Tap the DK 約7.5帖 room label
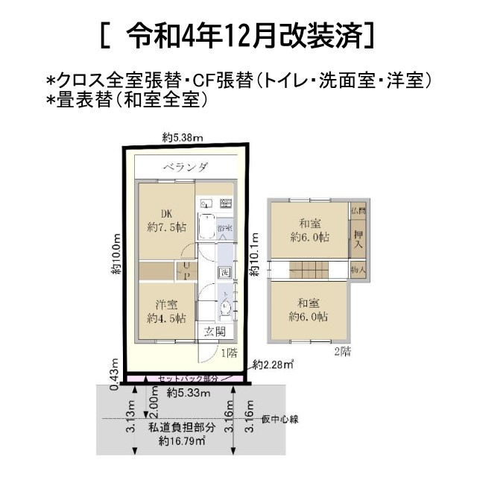pyautogui.click(x=165, y=219)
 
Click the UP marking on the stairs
pyautogui.click(x=186, y=271)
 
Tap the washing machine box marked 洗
pyautogui.click(x=224, y=272)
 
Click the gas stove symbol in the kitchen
pyautogui.click(x=226, y=203)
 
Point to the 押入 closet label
pyautogui.click(x=358, y=238)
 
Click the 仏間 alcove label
pyautogui.click(x=358, y=212)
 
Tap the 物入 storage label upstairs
pyautogui.click(x=358, y=269)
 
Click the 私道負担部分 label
pyautogui.click(x=181, y=427)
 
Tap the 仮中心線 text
pyautogui.click(x=279, y=420)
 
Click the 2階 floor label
pyautogui.click(x=341, y=352)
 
